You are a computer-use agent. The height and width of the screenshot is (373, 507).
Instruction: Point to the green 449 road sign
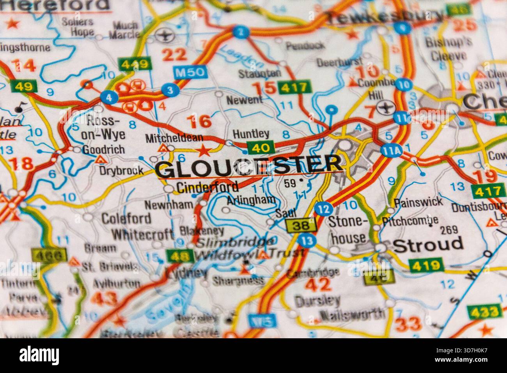(x=135, y=63)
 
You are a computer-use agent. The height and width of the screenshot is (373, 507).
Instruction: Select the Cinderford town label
(x=207, y=187)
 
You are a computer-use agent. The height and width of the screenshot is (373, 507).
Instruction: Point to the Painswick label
(x=418, y=202)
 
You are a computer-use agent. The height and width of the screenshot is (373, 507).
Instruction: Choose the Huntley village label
(x=251, y=134)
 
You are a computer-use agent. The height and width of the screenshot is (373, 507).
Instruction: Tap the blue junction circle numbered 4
(x=108, y=98)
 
